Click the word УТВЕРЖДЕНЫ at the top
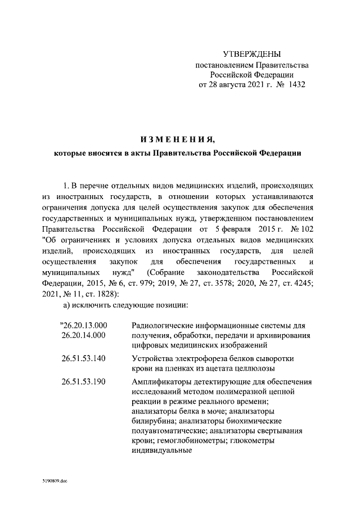[251, 54]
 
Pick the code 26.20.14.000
[83, 335]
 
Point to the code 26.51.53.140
[83, 358]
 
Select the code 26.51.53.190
[83, 382]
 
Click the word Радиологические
[164, 325]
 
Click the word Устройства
[152, 358]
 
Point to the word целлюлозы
[256, 368]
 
